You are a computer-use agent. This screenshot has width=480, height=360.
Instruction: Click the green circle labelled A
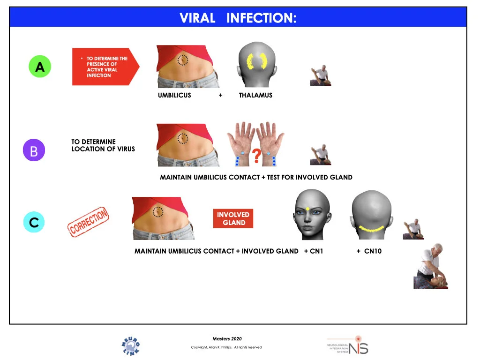(x=40, y=67)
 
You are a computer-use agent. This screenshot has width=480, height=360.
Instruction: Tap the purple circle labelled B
(x=34, y=150)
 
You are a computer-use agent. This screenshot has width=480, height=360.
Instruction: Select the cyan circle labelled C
(x=34, y=222)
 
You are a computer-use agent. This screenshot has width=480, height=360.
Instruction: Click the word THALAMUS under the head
(x=255, y=95)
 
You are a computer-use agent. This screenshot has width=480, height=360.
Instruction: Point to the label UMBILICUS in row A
(x=174, y=95)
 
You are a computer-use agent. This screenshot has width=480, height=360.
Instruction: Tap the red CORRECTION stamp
(x=89, y=221)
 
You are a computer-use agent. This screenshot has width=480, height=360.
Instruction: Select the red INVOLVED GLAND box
(x=233, y=218)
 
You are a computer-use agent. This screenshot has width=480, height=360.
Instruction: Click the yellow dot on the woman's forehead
(x=307, y=209)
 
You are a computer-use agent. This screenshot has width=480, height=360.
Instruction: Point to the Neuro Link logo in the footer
(x=131, y=346)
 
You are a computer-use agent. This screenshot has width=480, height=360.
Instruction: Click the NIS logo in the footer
(x=348, y=345)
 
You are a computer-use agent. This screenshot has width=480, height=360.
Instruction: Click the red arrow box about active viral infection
(x=105, y=67)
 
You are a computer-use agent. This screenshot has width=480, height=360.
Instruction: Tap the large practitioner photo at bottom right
(x=430, y=266)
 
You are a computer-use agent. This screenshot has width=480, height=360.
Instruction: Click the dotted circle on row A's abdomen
(x=183, y=60)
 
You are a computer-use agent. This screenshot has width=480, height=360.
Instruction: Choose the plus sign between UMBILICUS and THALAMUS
(x=220, y=95)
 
